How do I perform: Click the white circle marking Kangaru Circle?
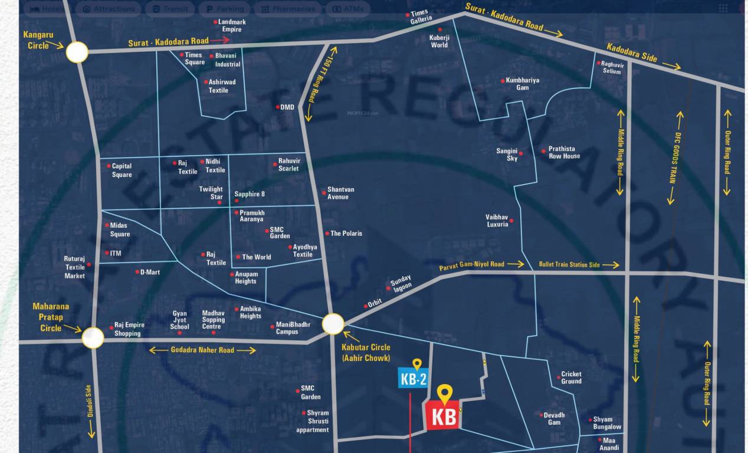(77, 52)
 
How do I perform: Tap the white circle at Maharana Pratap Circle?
(93, 337)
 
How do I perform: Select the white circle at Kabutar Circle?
(333, 324)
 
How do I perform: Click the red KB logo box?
(443, 416)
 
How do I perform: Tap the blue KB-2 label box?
(413, 379)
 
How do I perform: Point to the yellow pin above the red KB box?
(444, 393)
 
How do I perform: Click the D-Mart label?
(149, 272)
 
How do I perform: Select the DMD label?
(287, 107)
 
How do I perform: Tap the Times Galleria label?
(421, 17)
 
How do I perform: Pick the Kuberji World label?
(439, 41)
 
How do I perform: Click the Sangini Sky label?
(507, 155)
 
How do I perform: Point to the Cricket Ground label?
(571, 377)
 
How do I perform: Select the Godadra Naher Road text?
(202, 350)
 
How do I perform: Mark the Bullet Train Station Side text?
(569, 265)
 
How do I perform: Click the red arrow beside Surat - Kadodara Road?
(219, 40)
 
